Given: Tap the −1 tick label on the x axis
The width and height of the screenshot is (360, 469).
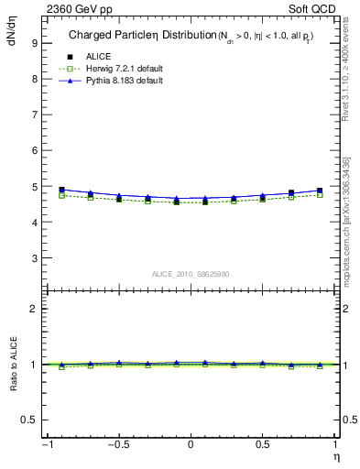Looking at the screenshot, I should [x=46, y=445].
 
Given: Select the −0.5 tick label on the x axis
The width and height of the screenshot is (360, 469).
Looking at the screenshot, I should [x=116, y=445].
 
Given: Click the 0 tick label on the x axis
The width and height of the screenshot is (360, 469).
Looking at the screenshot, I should [x=191, y=445].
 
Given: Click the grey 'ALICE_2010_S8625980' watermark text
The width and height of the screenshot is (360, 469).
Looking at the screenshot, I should [x=190, y=274].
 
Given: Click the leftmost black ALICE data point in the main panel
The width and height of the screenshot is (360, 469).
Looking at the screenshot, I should [x=61, y=190].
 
